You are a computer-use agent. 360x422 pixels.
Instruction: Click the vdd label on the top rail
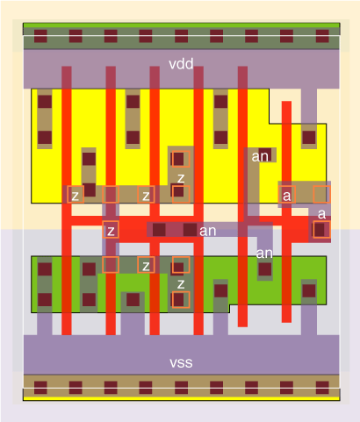pyautogui.click(x=181, y=64)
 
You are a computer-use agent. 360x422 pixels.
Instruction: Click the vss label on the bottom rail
pyautogui.click(x=181, y=362)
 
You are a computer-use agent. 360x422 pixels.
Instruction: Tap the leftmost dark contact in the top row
pyautogui.click(x=40, y=36)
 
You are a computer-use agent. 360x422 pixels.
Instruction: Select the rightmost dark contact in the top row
pyautogui.click(x=322, y=36)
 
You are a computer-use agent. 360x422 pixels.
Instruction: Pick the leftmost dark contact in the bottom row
pyautogui.click(x=40, y=388)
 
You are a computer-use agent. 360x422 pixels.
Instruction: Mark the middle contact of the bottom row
pyautogui.click(x=181, y=388)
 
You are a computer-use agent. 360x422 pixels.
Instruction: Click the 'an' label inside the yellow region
pyautogui.click(x=260, y=157)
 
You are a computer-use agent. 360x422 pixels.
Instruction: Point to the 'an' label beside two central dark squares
pyautogui.click(x=207, y=231)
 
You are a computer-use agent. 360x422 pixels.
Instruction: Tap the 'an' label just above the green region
pyautogui.click(x=264, y=254)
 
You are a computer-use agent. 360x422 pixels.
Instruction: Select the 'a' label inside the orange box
pyautogui.click(x=287, y=195)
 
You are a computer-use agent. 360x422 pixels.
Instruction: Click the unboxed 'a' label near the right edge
pyautogui.click(x=321, y=214)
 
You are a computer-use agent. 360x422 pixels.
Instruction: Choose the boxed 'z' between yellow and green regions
pyautogui.click(x=111, y=230)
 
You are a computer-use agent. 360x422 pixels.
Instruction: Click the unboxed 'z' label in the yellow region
pyautogui.click(x=181, y=177)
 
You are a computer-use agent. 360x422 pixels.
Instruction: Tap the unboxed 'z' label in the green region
pyautogui.click(x=181, y=283)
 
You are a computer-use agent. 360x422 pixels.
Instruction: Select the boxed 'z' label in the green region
pyautogui.click(x=146, y=265)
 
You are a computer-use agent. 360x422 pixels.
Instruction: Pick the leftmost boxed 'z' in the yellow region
pyautogui.click(x=76, y=195)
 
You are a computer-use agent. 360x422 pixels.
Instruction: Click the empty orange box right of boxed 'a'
pyautogui.click(x=321, y=195)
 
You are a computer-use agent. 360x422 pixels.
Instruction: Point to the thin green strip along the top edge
pyautogui.click(x=181, y=25)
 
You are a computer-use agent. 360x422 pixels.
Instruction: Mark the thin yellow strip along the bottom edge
pyautogui.click(x=181, y=398)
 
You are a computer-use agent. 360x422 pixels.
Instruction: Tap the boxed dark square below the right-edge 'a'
pyautogui.click(x=321, y=230)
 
